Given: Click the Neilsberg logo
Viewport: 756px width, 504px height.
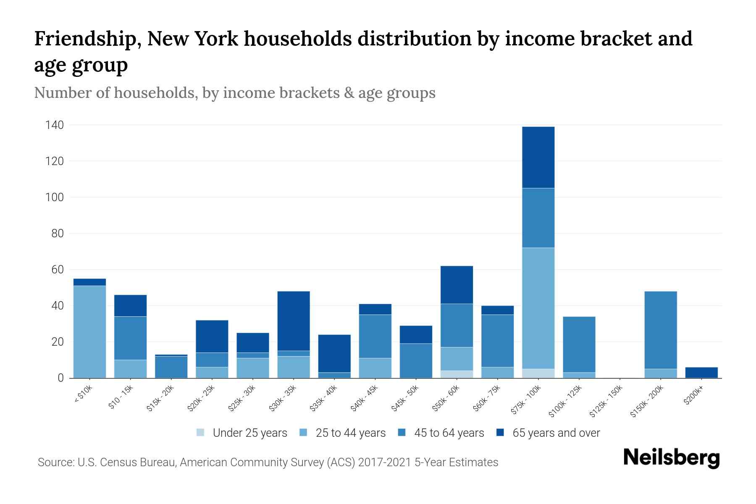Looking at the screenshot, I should (x=671, y=458).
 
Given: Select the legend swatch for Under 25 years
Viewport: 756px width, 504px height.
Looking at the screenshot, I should (x=201, y=433).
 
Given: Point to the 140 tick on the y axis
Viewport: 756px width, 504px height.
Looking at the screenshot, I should (x=55, y=125).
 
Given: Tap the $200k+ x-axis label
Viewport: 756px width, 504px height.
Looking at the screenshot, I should (x=693, y=396).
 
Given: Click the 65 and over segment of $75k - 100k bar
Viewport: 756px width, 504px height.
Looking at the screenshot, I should (x=538, y=157).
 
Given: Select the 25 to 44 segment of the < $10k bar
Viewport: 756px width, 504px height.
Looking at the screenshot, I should (x=89, y=331).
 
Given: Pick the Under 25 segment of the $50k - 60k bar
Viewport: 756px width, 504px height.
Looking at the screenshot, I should (x=457, y=374).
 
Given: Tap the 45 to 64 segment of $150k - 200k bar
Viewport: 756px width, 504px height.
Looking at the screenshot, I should (x=660, y=330).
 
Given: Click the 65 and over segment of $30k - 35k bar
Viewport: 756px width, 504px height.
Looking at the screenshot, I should (x=294, y=321).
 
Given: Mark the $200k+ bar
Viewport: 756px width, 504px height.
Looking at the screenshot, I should (x=701, y=373).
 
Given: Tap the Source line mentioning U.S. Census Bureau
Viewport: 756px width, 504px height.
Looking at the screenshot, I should (x=268, y=462).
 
